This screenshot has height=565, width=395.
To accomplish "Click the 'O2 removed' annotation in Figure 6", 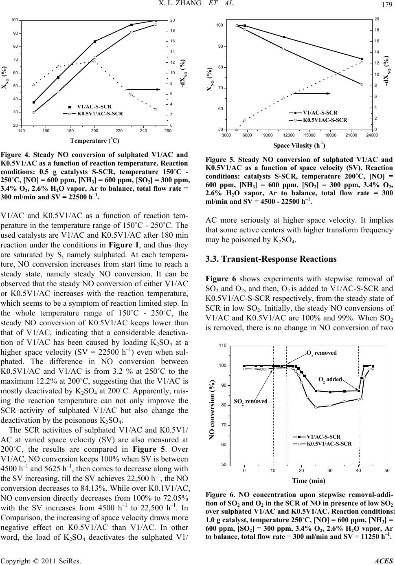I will click(x=322, y=353).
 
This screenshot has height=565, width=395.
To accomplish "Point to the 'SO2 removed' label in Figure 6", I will click(x=251, y=401).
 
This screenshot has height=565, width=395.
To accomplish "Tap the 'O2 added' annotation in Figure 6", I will click(x=330, y=379).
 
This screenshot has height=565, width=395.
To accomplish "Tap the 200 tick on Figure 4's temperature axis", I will click(x=94, y=131).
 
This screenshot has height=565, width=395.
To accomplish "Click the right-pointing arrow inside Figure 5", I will click(x=312, y=93).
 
